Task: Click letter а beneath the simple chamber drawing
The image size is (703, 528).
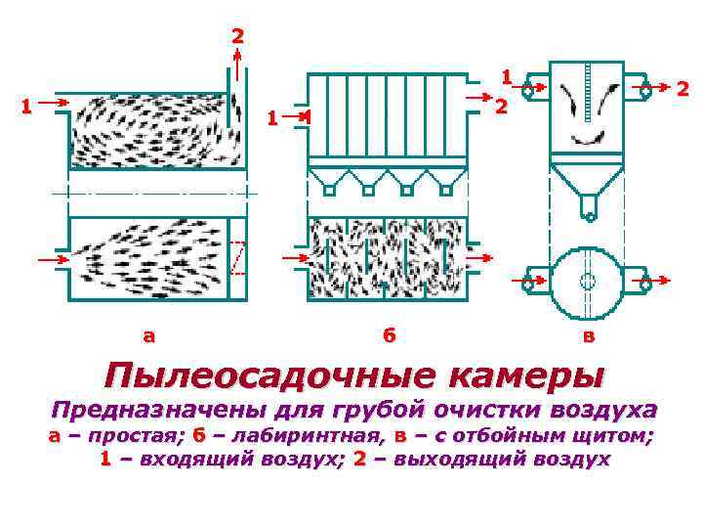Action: (148, 335)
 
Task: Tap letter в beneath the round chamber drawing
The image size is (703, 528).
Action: (587, 335)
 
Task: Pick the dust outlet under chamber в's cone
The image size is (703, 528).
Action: (588, 208)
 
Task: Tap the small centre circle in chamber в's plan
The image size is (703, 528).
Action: (588, 282)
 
